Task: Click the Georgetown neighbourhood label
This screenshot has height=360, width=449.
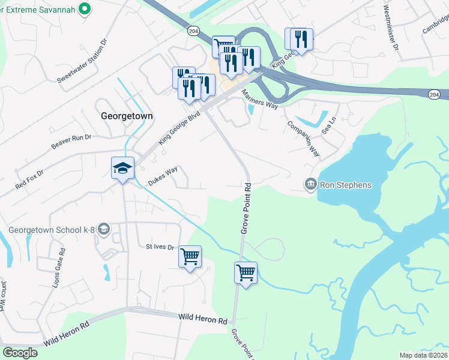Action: [x=127, y=116]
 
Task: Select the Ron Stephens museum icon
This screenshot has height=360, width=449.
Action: [x=310, y=184]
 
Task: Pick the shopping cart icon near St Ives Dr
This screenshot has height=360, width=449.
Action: [x=190, y=257]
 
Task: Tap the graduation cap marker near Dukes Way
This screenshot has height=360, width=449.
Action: [x=122, y=168]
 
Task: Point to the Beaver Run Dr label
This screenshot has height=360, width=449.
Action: [x=71, y=142]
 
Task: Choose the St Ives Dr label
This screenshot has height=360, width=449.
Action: [x=160, y=247]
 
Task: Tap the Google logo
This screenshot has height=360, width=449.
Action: [x=20, y=353]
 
